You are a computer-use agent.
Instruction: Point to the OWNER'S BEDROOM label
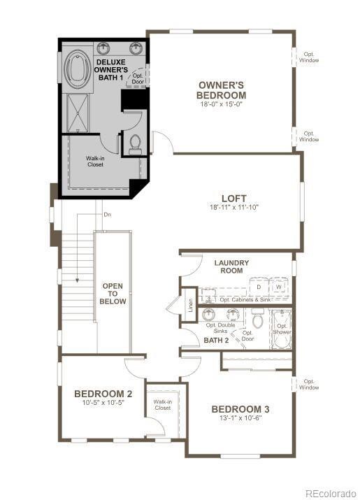221,90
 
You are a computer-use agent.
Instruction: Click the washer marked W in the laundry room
279,287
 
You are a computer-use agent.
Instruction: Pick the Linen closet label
189,306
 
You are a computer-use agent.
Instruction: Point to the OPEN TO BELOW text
113,294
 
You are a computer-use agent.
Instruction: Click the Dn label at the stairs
107,215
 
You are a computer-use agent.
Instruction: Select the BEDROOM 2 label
103,394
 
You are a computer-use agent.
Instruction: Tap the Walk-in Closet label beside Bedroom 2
163,404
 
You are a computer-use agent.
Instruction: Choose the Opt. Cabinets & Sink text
245,299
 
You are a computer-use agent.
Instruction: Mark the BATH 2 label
216,341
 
